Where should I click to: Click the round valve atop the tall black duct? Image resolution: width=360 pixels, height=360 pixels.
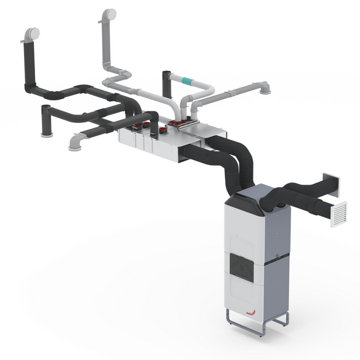pos(30,33)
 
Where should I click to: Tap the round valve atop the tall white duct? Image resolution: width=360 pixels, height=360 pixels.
pos(109,13)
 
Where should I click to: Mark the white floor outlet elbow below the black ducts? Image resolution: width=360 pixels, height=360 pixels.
pos(76,144)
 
